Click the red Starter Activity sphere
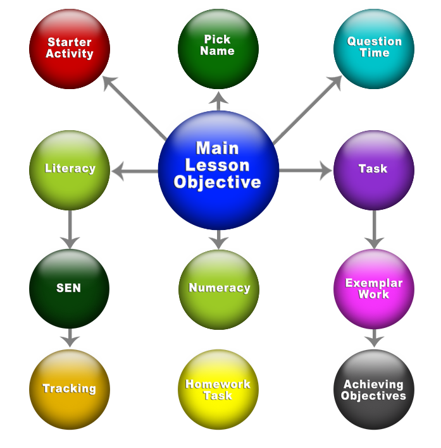70,49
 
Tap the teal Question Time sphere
373,49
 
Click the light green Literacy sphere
70,169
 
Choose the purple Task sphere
373,169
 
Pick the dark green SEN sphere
70,288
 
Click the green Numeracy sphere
219,288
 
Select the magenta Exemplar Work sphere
373,288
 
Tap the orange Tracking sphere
70,389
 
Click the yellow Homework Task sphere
218,390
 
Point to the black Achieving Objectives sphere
373,390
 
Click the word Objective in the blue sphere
218,183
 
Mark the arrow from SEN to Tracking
70,338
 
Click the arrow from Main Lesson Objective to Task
306,170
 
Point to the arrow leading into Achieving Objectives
374,338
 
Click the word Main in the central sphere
218,148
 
